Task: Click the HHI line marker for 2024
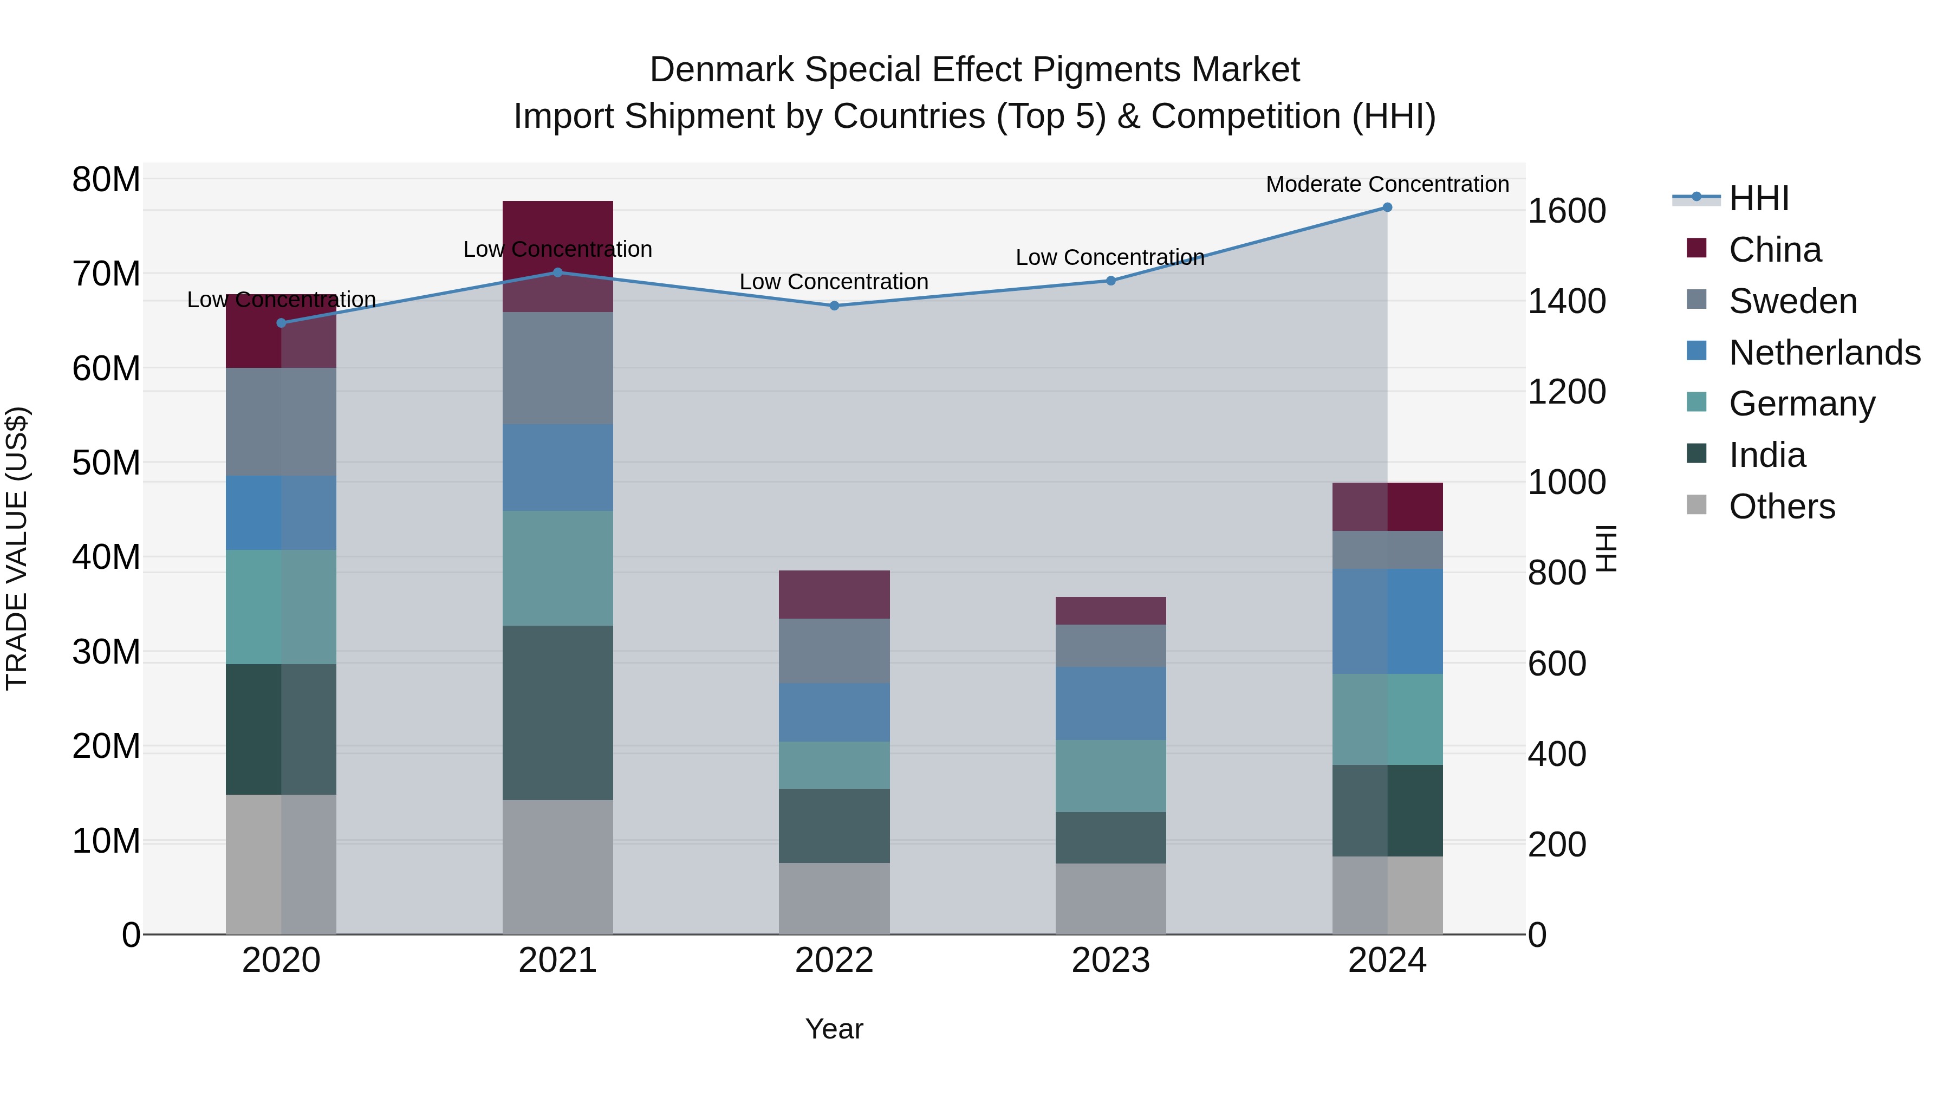coord(1387,207)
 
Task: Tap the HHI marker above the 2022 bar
coord(834,306)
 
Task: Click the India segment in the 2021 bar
coord(558,712)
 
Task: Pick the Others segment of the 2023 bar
coord(1110,899)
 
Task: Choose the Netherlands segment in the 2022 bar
coord(834,712)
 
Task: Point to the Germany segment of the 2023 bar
coord(1110,776)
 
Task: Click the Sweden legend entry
coord(1792,301)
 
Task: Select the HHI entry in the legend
coord(1758,198)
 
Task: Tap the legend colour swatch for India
coord(1696,455)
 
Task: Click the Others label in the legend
coord(1782,507)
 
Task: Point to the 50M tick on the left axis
coord(106,463)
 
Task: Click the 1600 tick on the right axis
coord(1566,211)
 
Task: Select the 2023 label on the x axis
coord(1110,960)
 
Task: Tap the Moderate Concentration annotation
coord(1387,184)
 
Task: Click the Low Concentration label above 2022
coord(834,282)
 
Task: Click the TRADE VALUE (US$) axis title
coord(17,548)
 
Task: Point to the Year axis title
coord(834,1029)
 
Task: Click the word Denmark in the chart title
coord(721,70)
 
